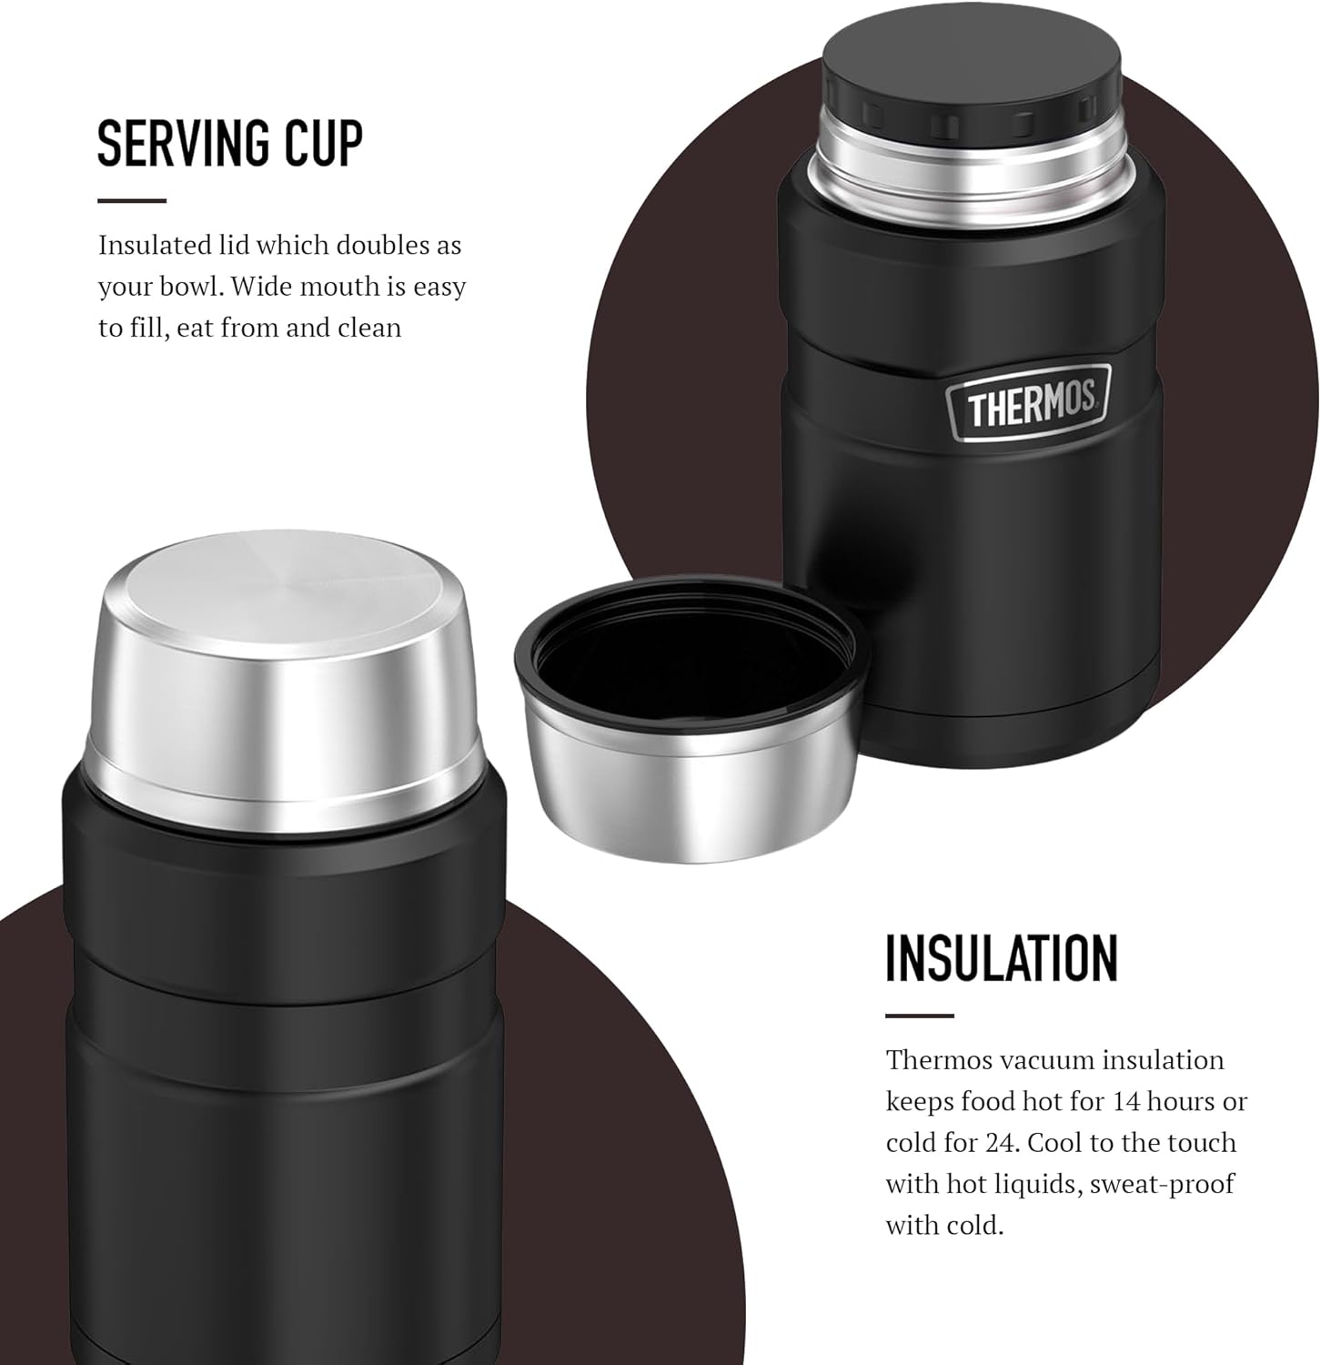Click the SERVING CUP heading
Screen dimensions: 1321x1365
click(x=230, y=143)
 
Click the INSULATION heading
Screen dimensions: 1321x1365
click(x=1002, y=957)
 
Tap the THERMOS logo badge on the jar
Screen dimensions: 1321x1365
click(x=1029, y=406)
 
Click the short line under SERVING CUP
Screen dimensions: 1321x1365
click(x=132, y=200)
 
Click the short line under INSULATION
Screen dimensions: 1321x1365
click(x=920, y=1016)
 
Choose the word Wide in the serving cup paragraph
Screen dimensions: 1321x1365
click(x=264, y=286)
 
